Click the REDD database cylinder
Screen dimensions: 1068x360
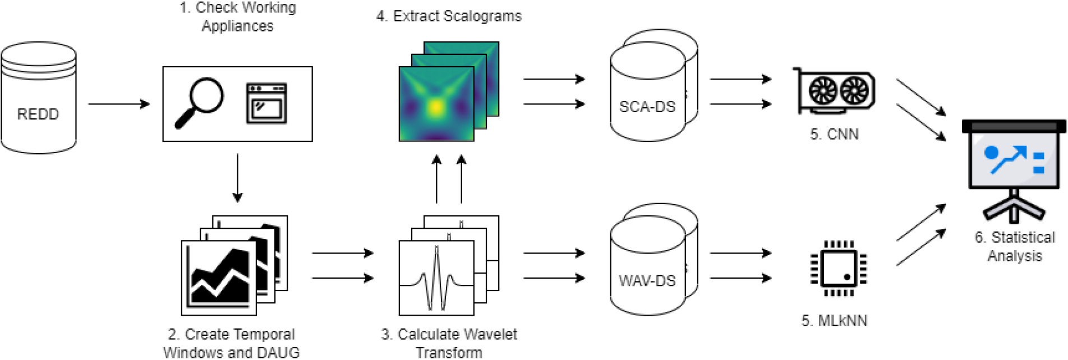pos(38,98)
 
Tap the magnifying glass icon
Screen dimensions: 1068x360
pos(199,103)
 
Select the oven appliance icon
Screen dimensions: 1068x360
pos(266,103)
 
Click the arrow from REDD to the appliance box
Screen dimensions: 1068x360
pos(119,104)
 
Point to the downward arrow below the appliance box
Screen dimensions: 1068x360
pos(237,178)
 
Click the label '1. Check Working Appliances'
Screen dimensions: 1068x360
pos(237,17)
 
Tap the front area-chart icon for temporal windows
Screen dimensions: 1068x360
pos(219,278)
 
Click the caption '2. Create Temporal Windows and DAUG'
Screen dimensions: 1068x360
pos(231,343)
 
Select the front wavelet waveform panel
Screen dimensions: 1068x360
pos(436,278)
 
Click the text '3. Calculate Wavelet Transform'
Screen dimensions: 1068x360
pos(449,343)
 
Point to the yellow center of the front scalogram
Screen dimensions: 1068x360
pos(436,107)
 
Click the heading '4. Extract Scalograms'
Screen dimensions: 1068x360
pos(449,16)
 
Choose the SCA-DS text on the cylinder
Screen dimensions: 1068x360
pos(647,107)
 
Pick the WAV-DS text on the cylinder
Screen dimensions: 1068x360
pos(647,280)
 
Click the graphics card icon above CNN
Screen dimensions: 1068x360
pos(834,91)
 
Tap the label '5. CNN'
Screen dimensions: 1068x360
pos(834,134)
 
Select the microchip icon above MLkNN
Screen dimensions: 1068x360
pos(839,268)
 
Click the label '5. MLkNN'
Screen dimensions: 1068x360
pos(834,321)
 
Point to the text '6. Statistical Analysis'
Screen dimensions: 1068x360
pos(1015,246)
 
